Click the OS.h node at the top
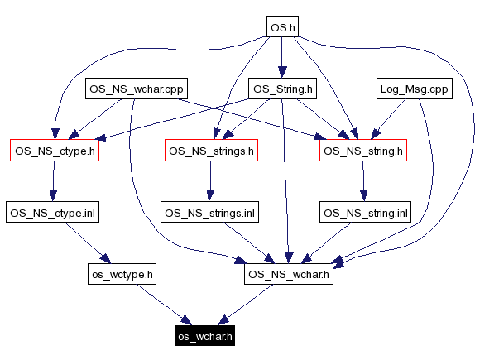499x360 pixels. pyautogui.click(x=282, y=27)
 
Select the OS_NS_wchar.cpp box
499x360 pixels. pyautogui.click(x=137, y=89)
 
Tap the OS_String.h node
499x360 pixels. pyautogui.click(x=282, y=89)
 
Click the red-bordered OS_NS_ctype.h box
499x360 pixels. pyautogui.click(x=54, y=151)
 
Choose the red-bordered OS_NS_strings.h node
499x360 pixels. pyautogui.click(x=210, y=151)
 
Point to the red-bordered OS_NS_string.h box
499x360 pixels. pyautogui.click(x=362, y=151)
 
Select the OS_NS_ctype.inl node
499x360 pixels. pyautogui.click(x=54, y=213)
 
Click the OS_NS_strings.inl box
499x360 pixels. pyautogui.click(x=210, y=213)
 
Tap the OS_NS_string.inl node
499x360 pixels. pyautogui.click(x=365, y=213)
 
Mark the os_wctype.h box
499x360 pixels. pyautogui.click(x=122, y=274)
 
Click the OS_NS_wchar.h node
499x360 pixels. pyautogui.click(x=288, y=274)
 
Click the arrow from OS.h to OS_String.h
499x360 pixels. pyautogui.click(x=282, y=58)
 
